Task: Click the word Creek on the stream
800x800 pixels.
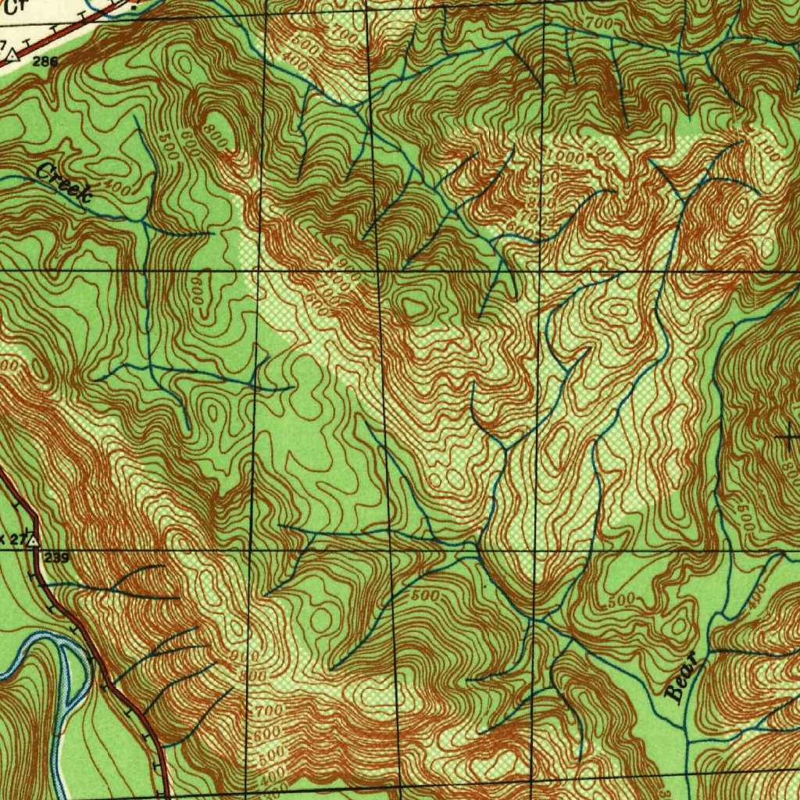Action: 65,184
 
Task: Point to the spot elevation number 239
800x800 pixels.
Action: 57,557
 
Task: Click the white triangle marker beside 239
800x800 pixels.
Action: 34,540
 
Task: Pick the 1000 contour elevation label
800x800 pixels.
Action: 565,155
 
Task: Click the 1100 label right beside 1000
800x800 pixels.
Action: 600,151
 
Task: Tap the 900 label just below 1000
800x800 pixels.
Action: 549,179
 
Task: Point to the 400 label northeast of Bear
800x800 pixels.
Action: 755,598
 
